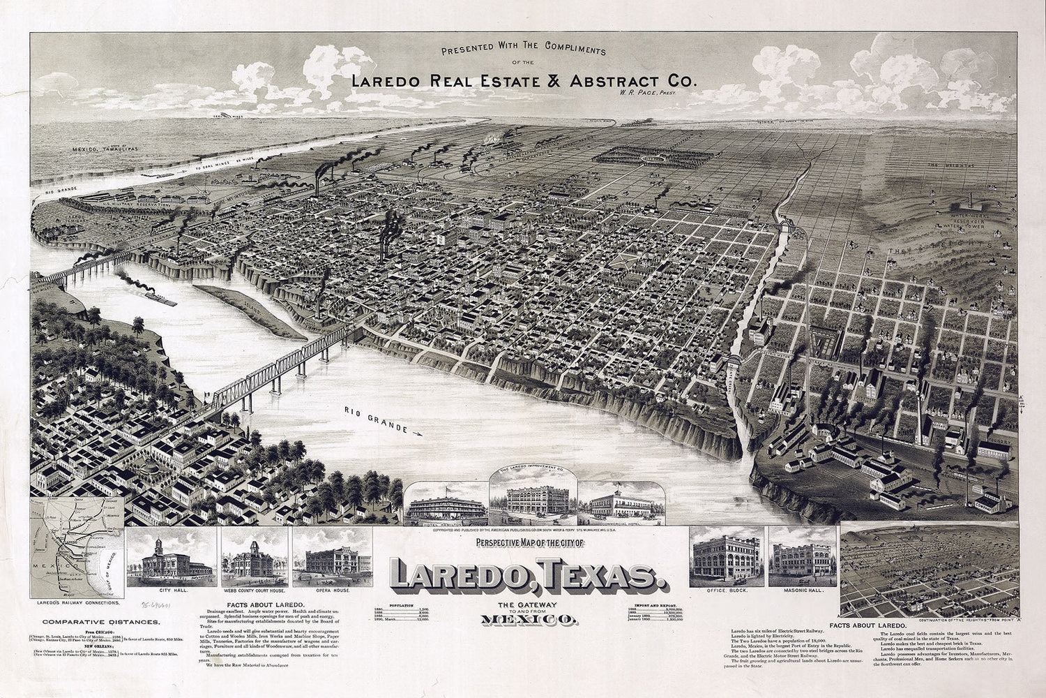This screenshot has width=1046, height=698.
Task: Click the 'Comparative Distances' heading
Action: tap(100, 621)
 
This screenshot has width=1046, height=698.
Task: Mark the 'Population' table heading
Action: tap(407, 605)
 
